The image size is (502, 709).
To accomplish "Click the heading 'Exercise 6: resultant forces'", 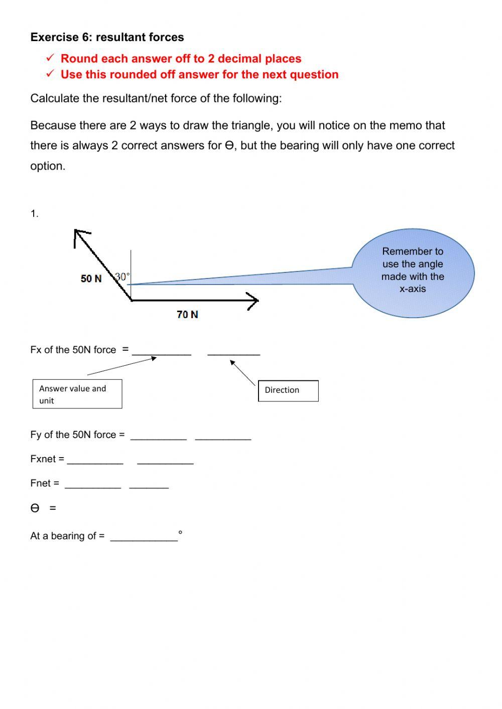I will (107, 37).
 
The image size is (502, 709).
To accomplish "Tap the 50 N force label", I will (91, 278).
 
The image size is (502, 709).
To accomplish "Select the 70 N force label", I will (187, 315).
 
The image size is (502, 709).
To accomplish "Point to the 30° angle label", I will (122, 276).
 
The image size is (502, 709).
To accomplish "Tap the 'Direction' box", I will (288, 390).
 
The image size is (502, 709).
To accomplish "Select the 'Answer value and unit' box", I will (77, 394).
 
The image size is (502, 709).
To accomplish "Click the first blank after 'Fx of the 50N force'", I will (162, 351).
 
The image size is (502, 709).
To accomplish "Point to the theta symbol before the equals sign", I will (35, 508).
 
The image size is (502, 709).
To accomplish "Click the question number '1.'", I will (34, 214).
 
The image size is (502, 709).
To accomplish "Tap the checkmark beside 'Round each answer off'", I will (50, 58).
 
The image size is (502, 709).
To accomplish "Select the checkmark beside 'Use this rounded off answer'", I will (50, 74).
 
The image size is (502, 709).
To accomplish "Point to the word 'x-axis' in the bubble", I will (413, 289).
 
